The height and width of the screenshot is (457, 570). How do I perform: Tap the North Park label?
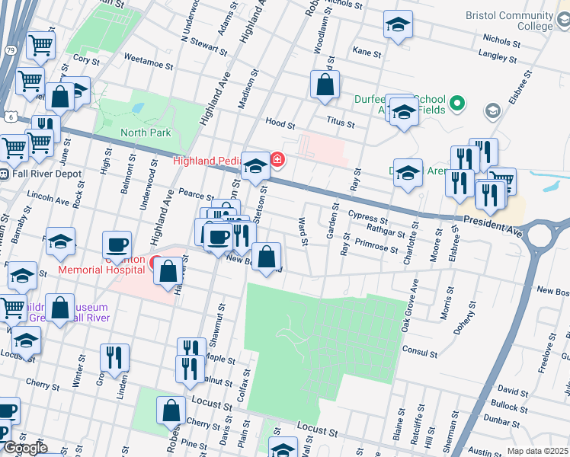[x=146, y=133]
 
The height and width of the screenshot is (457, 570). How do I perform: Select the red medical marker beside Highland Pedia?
[x=278, y=160]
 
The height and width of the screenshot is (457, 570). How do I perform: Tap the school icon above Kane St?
[x=397, y=25]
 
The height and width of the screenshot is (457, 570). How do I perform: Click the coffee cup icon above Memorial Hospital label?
[x=117, y=244]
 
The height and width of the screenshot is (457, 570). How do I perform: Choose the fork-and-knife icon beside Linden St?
[x=114, y=357]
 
